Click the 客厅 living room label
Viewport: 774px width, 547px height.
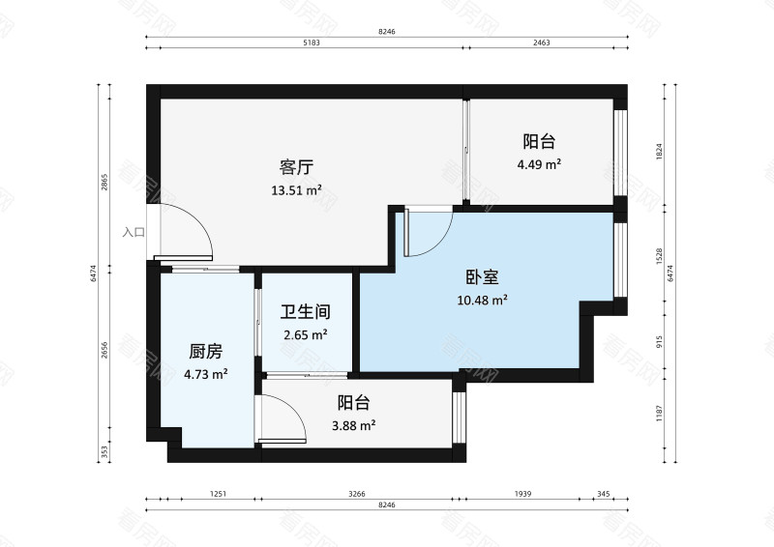[296, 168]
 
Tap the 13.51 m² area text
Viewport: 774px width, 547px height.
[296, 190]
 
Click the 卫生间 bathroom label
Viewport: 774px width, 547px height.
[306, 312]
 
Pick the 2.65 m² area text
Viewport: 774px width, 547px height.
[306, 335]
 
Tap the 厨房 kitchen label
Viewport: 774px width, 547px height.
[206, 352]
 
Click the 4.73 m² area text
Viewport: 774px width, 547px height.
[206, 374]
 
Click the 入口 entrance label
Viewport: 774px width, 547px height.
[134, 232]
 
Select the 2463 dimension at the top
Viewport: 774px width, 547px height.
[542, 43]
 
